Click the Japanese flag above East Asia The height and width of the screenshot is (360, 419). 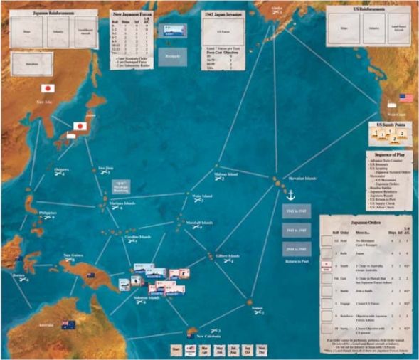click(x=48, y=90)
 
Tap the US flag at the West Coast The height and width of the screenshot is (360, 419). click(x=406, y=98)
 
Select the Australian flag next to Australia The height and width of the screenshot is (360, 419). click(x=68, y=325)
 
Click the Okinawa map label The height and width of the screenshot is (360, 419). click(x=63, y=171)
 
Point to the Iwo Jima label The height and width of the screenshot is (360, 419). click(x=106, y=168)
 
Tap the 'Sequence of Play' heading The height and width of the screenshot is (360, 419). click(x=391, y=154)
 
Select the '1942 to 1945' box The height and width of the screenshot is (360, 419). click(x=295, y=213)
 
